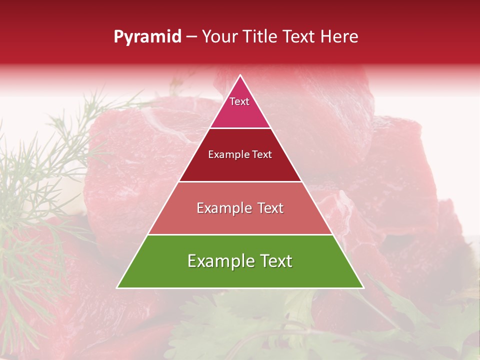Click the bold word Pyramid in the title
(x=147, y=37)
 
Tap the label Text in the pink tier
(x=239, y=101)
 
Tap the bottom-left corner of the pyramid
(x=118, y=287)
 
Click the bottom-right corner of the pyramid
(x=363, y=287)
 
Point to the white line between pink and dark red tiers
(x=240, y=128)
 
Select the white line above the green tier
(x=240, y=234)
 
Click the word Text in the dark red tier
(x=261, y=155)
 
